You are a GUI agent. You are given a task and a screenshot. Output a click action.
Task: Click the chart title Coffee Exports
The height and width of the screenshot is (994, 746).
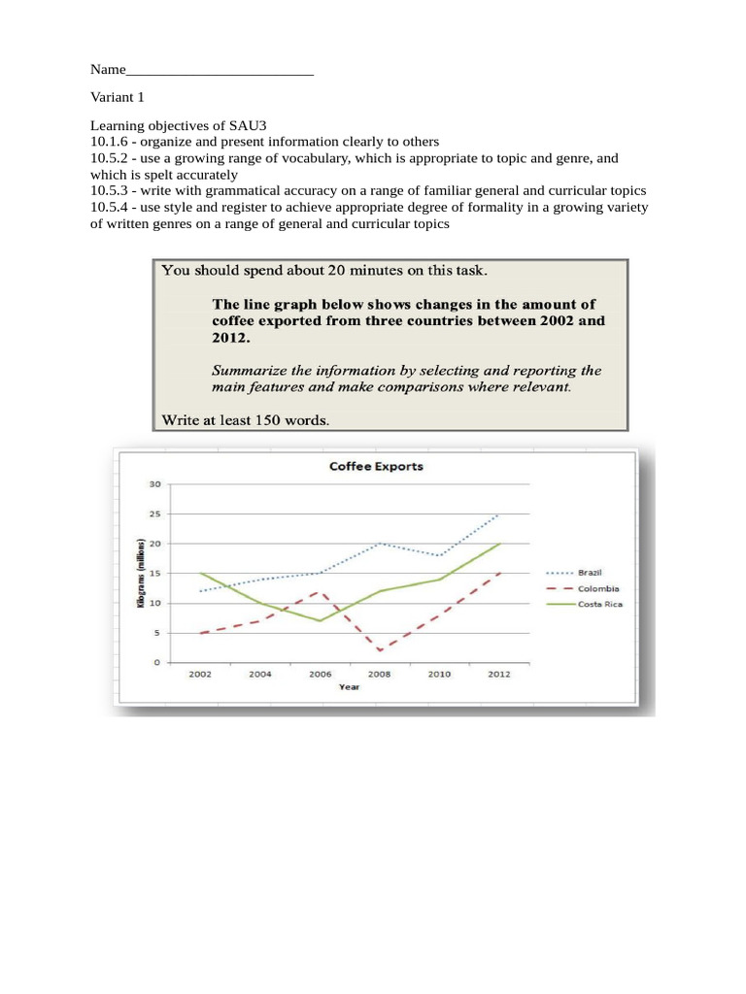[x=376, y=466]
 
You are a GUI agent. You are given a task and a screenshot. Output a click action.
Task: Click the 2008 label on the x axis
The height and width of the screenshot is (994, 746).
[x=380, y=674]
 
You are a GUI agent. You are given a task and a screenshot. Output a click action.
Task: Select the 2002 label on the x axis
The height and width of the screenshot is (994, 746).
[x=199, y=674]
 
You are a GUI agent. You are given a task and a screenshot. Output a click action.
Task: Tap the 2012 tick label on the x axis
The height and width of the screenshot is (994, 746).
[x=498, y=674]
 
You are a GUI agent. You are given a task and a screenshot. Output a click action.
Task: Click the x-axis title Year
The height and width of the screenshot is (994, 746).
[x=349, y=686]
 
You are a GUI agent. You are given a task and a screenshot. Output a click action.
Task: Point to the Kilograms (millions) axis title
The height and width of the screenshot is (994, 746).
[x=142, y=573]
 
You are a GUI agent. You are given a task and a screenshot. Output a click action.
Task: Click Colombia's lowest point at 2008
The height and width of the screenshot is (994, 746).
[x=380, y=650]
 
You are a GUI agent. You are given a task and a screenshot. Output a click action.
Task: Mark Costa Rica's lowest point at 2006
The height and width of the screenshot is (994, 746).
[x=320, y=620]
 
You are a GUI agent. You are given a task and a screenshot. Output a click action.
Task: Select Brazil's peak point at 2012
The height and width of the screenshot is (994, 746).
[x=499, y=514]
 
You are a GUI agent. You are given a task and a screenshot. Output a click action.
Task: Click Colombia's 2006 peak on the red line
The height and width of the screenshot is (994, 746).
[x=320, y=591]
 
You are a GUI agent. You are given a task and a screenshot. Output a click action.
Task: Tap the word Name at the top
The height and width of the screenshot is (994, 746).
[x=108, y=70]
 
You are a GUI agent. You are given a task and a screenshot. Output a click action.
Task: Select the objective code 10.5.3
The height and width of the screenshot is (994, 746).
[x=110, y=191]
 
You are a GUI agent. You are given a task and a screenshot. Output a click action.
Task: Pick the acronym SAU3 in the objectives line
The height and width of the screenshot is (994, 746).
[x=247, y=125]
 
